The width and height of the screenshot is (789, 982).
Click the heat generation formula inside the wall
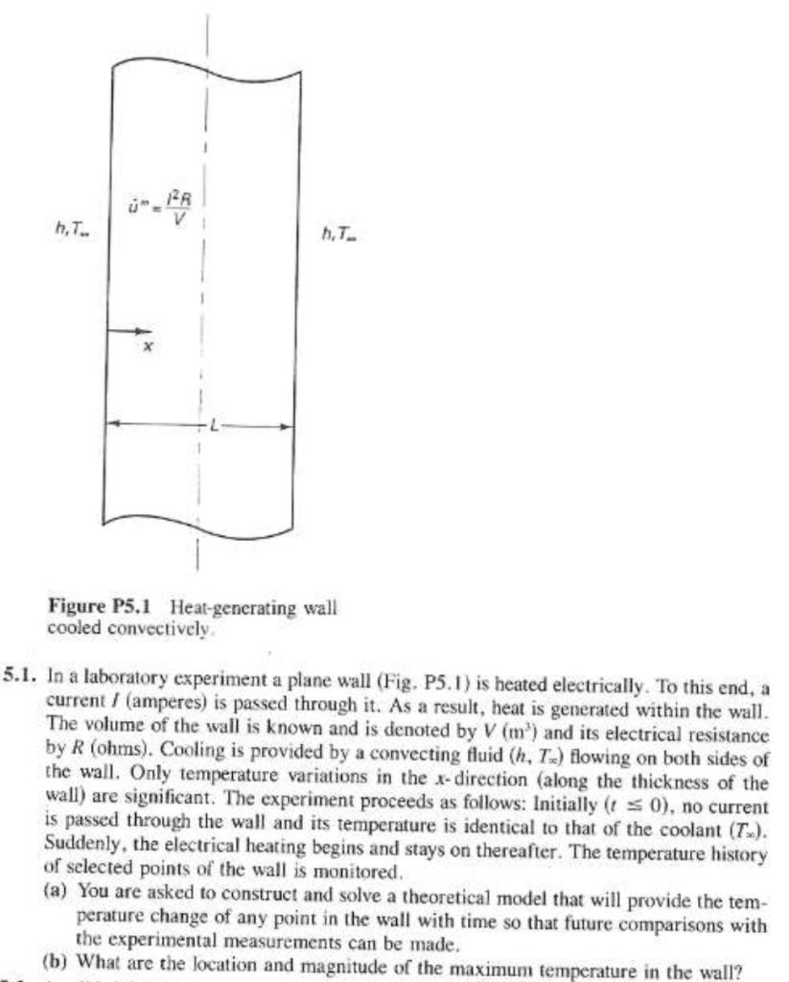pyautogui.click(x=169, y=207)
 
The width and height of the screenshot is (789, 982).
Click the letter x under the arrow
pyautogui.click(x=146, y=348)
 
